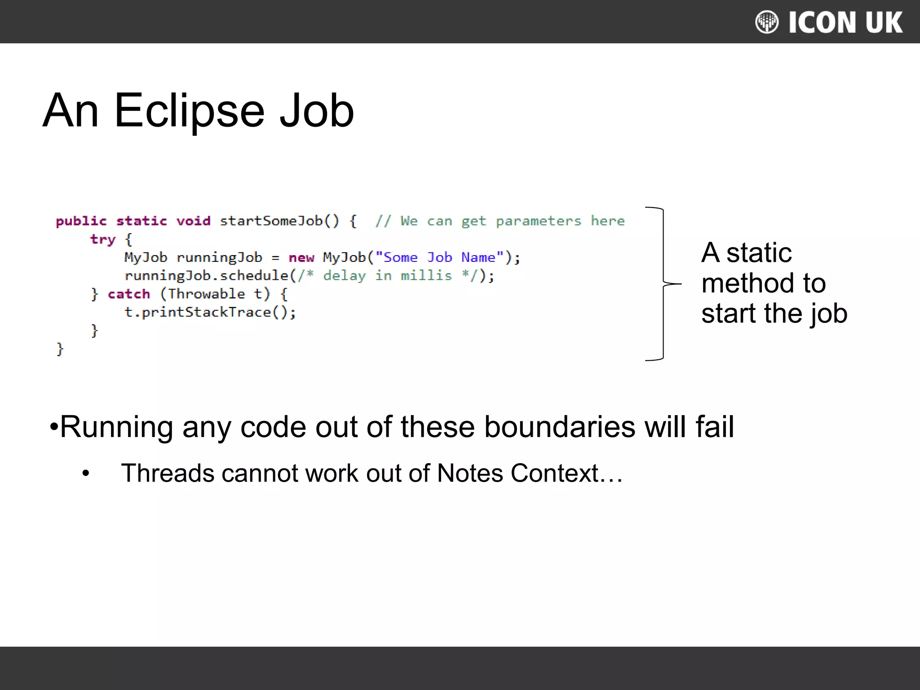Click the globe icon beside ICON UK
[x=767, y=22]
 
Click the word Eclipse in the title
[x=189, y=111]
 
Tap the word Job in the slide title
[x=317, y=111]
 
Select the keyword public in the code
[x=81, y=221]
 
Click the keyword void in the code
[x=193, y=221]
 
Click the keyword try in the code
[x=103, y=239]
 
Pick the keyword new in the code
[x=301, y=258]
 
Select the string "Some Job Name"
[x=439, y=257]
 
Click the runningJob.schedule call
[x=207, y=275]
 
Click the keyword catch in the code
[x=129, y=294]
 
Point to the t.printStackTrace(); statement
[x=210, y=312]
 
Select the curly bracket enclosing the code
[x=663, y=284]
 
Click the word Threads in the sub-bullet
[x=168, y=473]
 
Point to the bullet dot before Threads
[x=86, y=473]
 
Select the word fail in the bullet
[x=715, y=427]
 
